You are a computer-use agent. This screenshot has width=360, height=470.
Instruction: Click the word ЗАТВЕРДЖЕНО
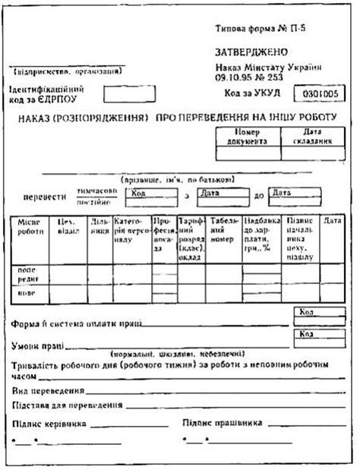[x=251, y=52]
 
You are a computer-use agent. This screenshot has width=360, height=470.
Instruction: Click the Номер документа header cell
[x=248, y=136]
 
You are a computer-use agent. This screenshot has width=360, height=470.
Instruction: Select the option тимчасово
[x=96, y=191]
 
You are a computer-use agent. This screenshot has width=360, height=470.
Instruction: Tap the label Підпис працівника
[x=224, y=423]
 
